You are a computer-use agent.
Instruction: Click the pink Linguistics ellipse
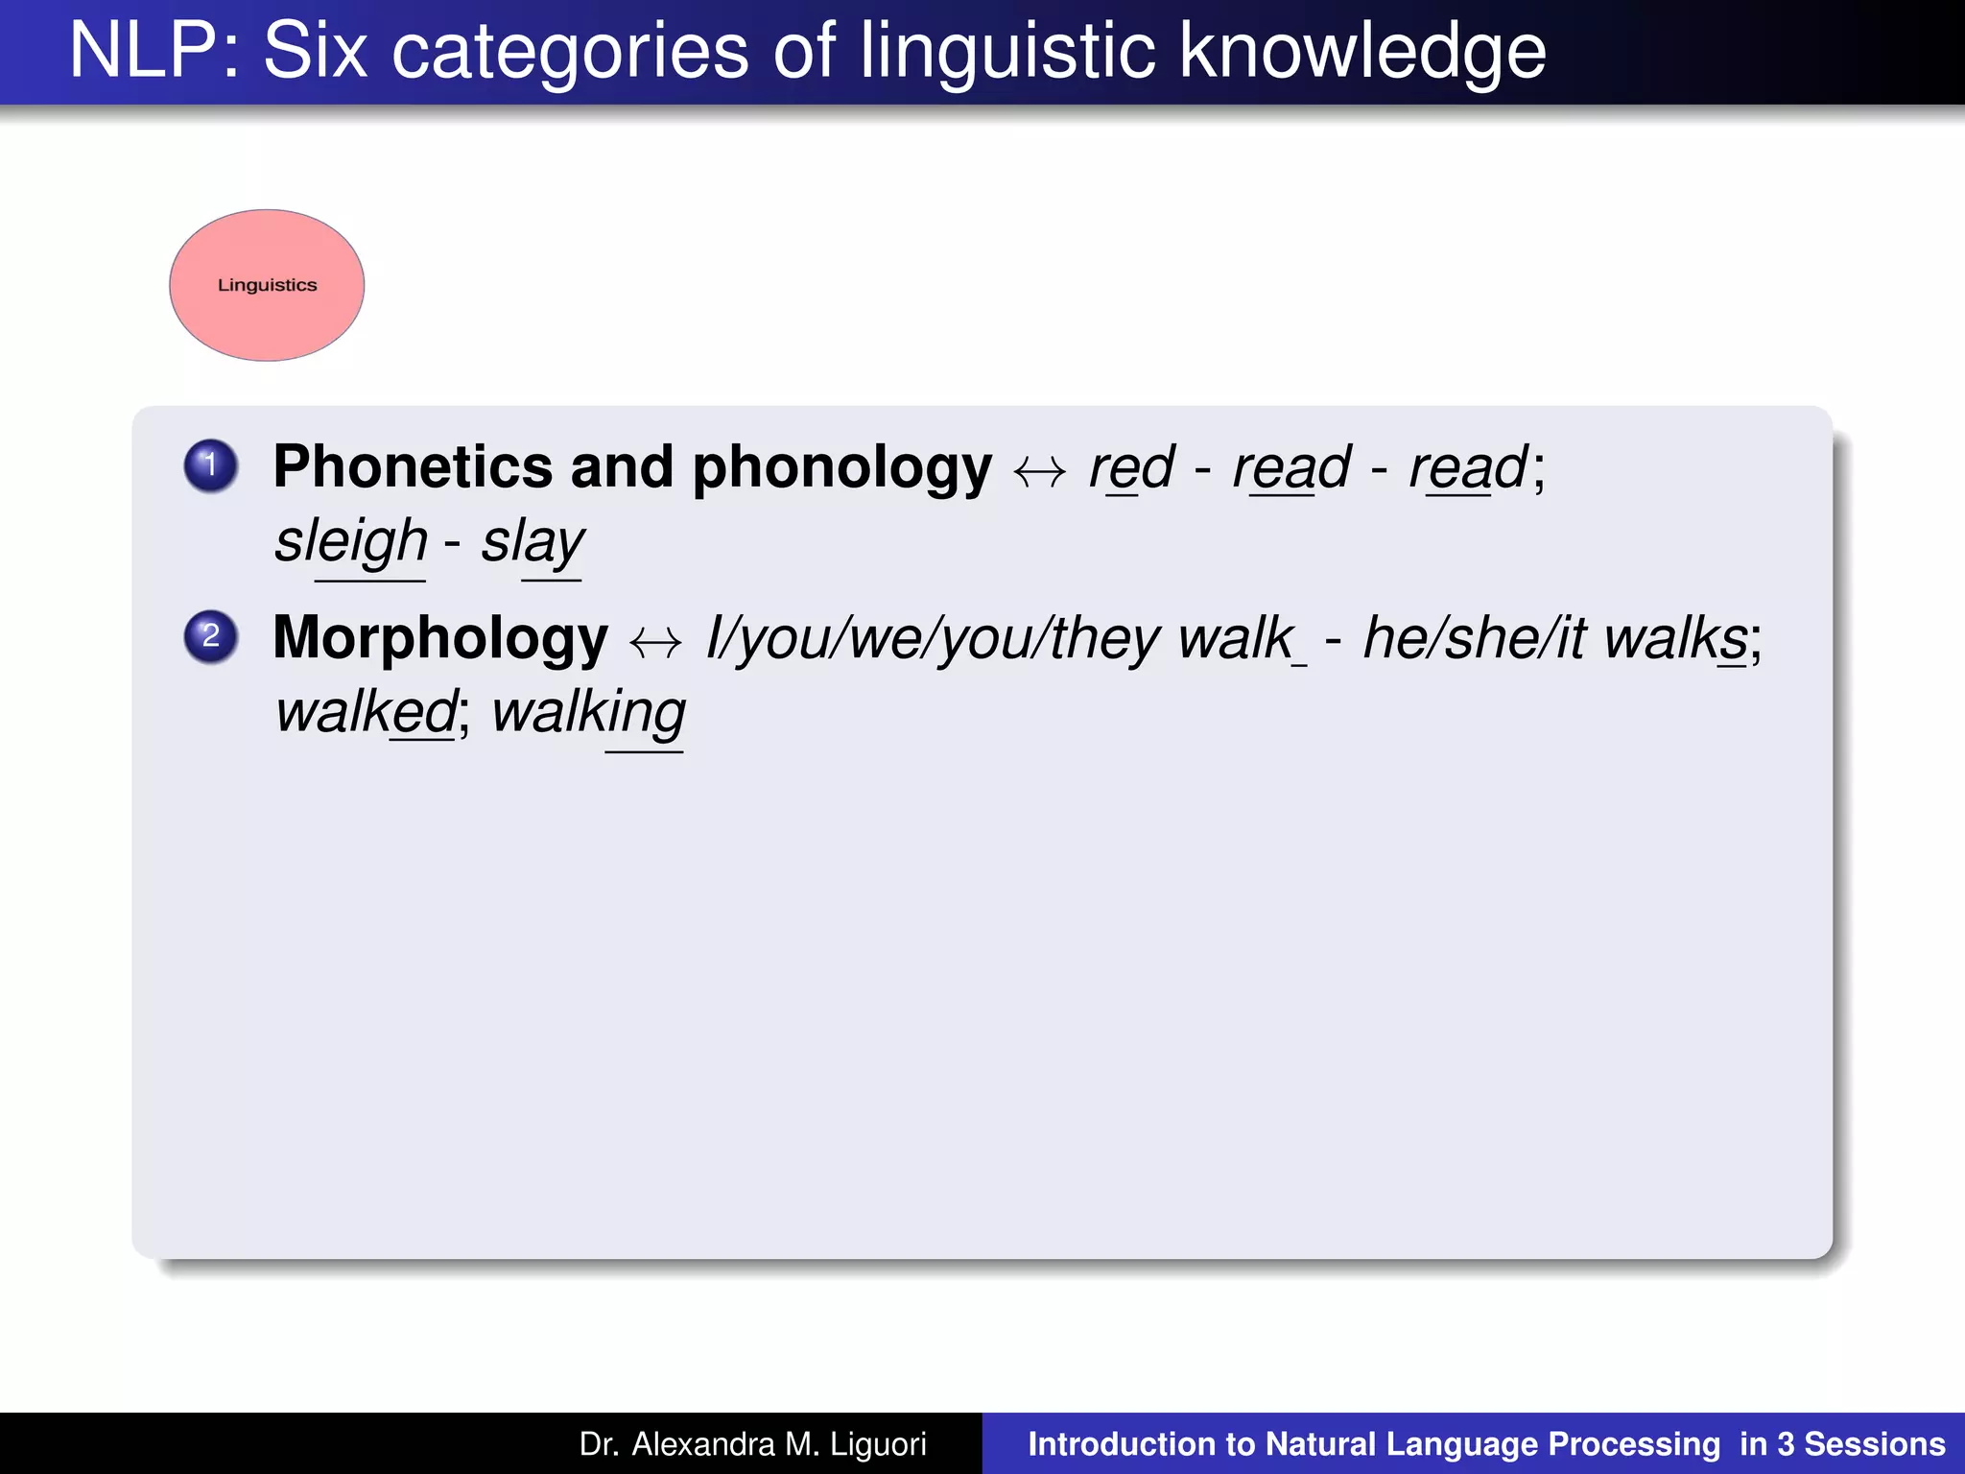[x=267, y=285]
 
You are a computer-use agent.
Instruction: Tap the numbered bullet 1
[x=211, y=466]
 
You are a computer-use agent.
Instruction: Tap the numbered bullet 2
[x=211, y=637]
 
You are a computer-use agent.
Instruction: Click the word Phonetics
[x=413, y=467]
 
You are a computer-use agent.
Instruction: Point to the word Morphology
[x=440, y=639]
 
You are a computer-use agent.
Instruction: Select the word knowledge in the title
[x=1361, y=53]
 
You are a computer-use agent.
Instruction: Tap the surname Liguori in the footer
[x=878, y=1444]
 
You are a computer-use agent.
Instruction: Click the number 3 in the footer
[x=1786, y=1444]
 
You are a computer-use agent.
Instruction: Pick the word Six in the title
[x=315, y=51]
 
